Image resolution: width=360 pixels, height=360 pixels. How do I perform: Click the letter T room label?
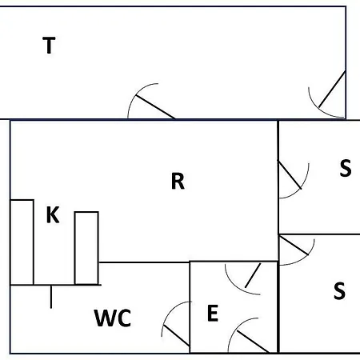pyautogui.click(x=49, y=46)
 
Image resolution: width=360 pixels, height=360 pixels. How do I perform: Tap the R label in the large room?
pyautogui.click(x=178, y=181)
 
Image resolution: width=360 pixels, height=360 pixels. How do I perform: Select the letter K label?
pyautogui.click(x=53, y=214)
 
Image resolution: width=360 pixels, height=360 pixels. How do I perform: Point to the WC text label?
pyautogui.click(x=113, y=318)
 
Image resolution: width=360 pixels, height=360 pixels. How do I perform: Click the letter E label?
pyautogui.click(x=213, y=313)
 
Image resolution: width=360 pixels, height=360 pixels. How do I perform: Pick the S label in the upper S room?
pyautogui.click(x=346, y=168)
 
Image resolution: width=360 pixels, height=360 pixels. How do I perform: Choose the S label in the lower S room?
pyautogui.click(x=339, y=290)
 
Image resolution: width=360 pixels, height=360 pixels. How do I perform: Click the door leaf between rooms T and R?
pyautogui.click(x=155, y=106)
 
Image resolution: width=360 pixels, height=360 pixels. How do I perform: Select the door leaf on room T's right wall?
pyautogui.click(x=332, y=89)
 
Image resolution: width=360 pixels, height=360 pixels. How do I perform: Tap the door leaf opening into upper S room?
pyautogui.click(x=290, y=174)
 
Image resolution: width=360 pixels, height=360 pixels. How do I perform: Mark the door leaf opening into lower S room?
pyautogui.click(x=294, y=246)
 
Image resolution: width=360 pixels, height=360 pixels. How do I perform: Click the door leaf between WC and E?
pyautogui.click(x=177, y=335)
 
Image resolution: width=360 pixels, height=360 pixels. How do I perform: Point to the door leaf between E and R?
pyautogui.click(x=253, y=275)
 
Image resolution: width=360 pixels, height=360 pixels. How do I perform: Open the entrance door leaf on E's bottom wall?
pyautogui.click(x=253, y=342)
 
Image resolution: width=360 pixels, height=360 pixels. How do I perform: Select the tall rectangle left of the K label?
pyautogui.click(x=22, y=242)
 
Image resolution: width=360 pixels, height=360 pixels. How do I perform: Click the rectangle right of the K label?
pyautogui.click(x=86, y=248)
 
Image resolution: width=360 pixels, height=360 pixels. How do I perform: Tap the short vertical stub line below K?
pyautogui.click(x=51, y=297)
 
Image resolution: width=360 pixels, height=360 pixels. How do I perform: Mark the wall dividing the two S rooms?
pyautogui.click(x=319, y=234)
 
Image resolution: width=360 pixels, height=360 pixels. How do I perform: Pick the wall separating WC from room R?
pyautogui.click(x=144, y=262)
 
